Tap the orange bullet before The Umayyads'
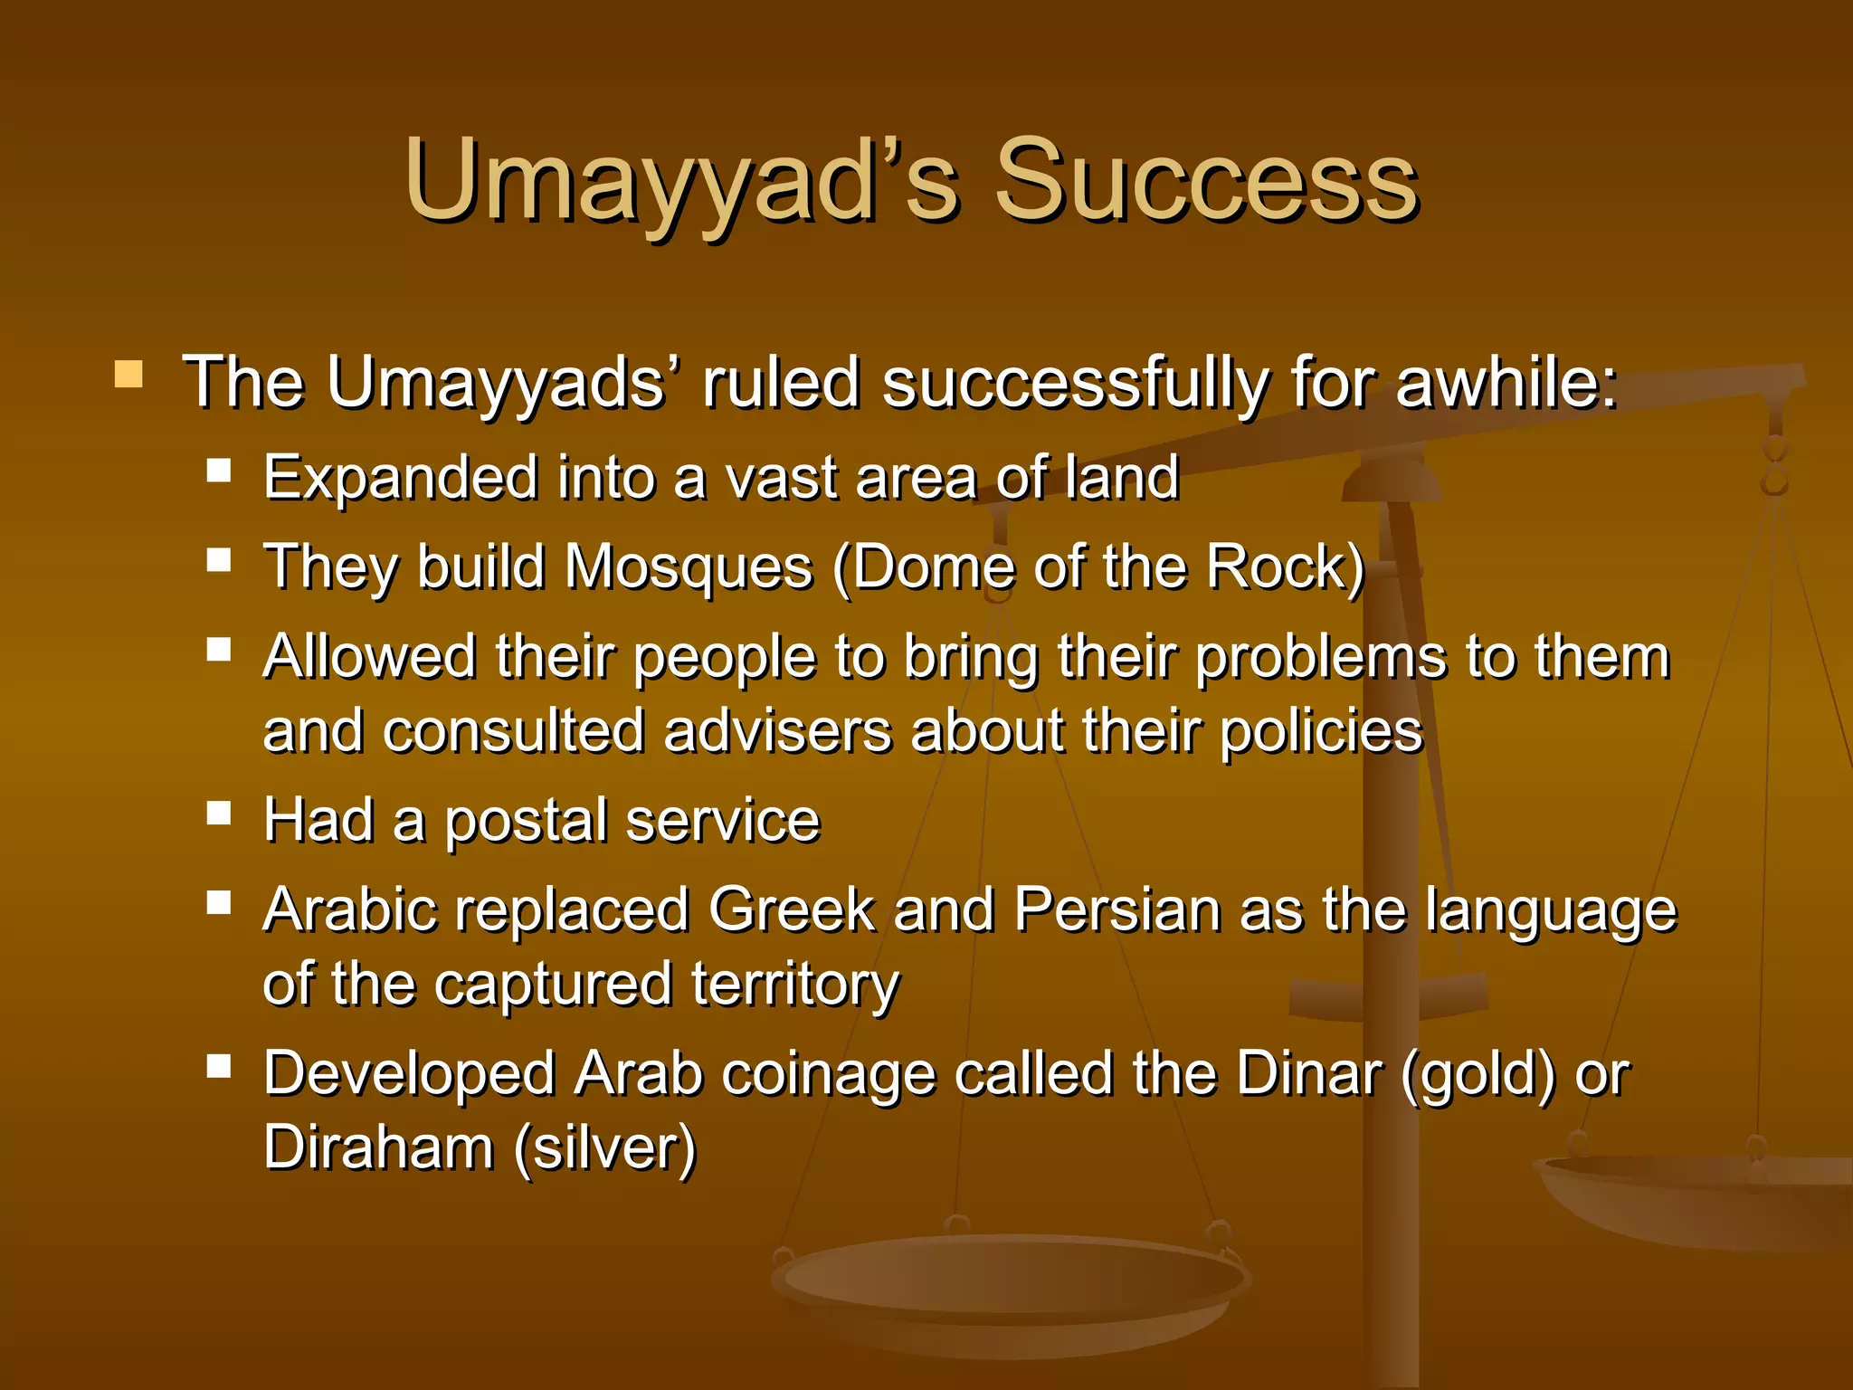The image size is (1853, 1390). [128, 374]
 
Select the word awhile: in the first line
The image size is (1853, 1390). [1506, 382]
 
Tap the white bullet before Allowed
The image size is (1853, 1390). [219, 649]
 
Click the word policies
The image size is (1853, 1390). [1322, 730]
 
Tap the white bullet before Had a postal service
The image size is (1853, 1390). [219, 813]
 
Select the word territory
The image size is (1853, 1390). [795, 984]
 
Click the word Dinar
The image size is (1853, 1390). [1308, 1074]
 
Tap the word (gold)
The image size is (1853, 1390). [1478, 1074]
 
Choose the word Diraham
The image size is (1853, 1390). [378, 1147]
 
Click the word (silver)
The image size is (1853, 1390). [605, 1147]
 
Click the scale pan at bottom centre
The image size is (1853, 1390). [1012, 1285]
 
